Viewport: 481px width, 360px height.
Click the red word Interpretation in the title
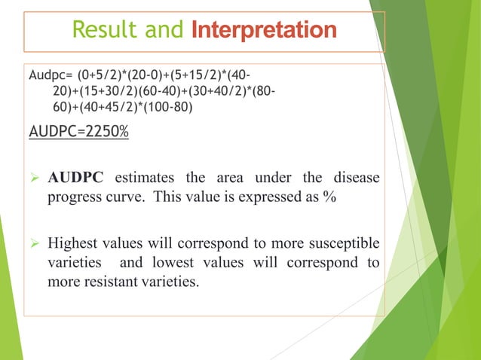pyautogui.click(x=265, y=31)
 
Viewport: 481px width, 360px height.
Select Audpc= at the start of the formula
pyautogui.click(x=48, y=76)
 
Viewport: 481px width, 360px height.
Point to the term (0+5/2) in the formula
pyautogui.click(x=95, y=76)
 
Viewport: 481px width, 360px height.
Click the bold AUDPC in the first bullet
pyautogui.click(x=77, y=178)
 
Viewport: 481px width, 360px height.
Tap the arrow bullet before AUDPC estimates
pyautogui.click(x=34, y=178)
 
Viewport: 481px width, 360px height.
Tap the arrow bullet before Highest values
pyautogui.click(x=34, y=243)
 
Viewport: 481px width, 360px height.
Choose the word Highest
pyautogui.click(x=75, y=243)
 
